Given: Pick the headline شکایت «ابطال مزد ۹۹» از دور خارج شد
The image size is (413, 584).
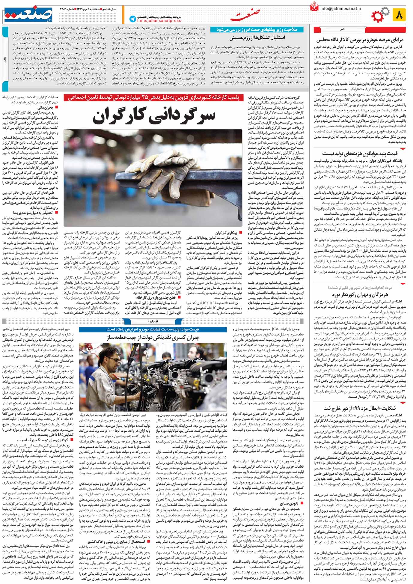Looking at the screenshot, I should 360,408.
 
